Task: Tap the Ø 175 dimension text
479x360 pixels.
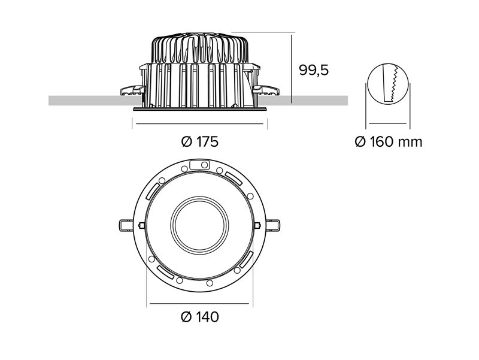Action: coord(199,142)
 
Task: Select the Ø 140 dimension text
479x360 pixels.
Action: coord(199,317)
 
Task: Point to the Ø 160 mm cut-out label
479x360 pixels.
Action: coord(388,142)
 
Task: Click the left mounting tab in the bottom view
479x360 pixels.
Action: coord(126,225)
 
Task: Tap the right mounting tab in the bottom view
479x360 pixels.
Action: coord(272,225)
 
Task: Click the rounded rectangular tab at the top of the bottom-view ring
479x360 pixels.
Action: coord(196,164)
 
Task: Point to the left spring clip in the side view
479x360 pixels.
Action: coord(133,90)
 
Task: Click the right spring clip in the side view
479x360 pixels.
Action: coord(265,90)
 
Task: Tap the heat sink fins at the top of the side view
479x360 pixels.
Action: coord(199,48)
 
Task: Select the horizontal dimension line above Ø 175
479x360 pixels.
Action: coord(199,124)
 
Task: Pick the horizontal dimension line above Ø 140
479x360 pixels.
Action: coord(199,304)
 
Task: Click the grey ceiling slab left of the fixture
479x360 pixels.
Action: coord(84,100)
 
